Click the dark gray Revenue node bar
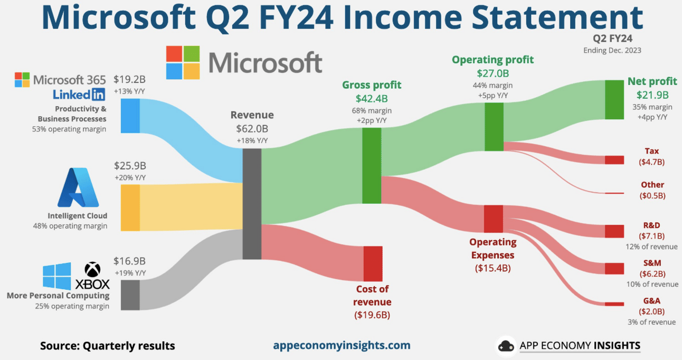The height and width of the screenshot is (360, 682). point(252,204)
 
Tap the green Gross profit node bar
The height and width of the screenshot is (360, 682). point(372,165)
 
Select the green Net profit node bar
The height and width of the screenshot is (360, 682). point(614,100)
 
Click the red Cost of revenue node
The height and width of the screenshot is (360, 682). point(373,263)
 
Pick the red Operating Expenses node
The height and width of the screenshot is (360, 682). point(493,219)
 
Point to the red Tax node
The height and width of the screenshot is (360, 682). point(614,160)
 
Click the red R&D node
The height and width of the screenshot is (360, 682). point(614,231)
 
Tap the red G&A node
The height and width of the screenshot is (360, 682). point(614,304)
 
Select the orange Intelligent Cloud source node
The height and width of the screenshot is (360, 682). point(130,208)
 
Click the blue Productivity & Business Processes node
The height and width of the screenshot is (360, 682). point(130,116)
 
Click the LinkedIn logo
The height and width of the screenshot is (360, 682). point(79,94)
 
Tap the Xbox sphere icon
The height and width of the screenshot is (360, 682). point(92,270)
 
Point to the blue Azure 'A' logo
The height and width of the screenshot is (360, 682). point(78,187)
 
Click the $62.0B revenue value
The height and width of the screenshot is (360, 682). point(252,128)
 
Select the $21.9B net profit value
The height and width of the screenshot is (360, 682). point(652,95)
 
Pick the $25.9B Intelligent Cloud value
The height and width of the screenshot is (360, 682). point(130,166)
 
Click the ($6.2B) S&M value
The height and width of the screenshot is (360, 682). point(652,274)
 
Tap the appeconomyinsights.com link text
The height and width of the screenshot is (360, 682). point(342,345)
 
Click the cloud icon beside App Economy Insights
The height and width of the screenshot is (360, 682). point(506,346)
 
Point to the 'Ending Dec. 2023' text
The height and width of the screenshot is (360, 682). point(612,50)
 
